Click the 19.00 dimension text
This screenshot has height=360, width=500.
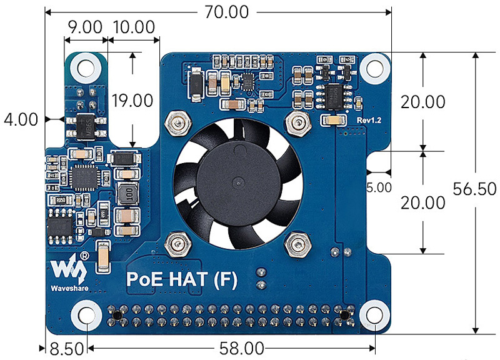coord(132,100)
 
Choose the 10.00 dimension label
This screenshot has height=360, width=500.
coord(134,27)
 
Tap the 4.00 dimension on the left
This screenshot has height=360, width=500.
coord(21,119)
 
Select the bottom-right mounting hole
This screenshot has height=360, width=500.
coord(373,315)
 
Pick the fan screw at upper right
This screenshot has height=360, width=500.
coord(297,122)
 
